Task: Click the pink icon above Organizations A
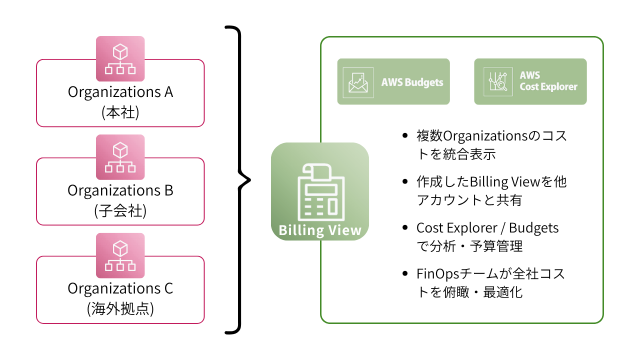(120, 59)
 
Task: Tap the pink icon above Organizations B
(120, 157)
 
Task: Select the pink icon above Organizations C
(120, 255)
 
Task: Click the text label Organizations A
(120, 92)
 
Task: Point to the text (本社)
(120, 113)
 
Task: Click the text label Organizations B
(120, 190)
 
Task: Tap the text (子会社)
(120, 211)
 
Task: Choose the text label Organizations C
(120, 288)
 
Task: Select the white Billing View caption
(320, 230)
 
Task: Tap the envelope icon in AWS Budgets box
(358, 82)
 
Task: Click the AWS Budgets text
(412, 82)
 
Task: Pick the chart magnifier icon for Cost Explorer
(495, 82)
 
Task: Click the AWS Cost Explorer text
(548, 81)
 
